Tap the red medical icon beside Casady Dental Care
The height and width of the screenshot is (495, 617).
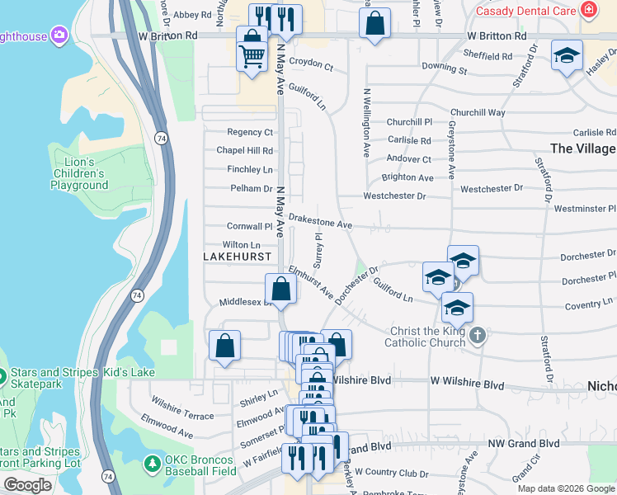pos(588,10)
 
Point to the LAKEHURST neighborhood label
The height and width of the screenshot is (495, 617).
pos(237,257)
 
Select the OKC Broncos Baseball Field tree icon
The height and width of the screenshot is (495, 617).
pos(152,464)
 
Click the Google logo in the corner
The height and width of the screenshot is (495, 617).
pos(27,485)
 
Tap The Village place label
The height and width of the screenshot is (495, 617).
pos(582,148)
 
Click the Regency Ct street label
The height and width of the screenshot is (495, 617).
pos(250,132)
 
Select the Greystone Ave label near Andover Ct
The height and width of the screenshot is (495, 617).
pos(452,157)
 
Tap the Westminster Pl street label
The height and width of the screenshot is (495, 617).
pos(589,209)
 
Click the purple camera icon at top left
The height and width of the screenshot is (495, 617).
pos(59,35)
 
